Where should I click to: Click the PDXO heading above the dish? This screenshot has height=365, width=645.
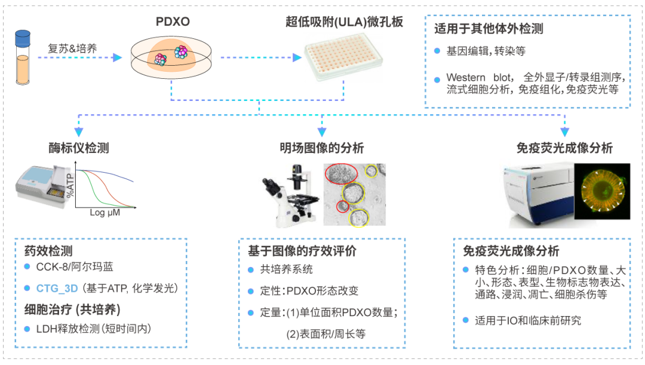point(173,22)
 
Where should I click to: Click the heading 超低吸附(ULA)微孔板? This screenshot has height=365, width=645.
point(345,22)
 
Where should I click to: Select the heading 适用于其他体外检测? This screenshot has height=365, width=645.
point(489,28)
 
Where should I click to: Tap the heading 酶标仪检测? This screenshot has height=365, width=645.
point(79,147)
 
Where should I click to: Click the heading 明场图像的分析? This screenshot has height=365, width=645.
point(322,148)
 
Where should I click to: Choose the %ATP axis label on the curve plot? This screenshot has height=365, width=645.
point(70,185)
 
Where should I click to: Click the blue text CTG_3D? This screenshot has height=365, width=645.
point(58,288)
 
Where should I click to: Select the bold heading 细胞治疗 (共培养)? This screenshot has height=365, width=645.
point(72,309)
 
